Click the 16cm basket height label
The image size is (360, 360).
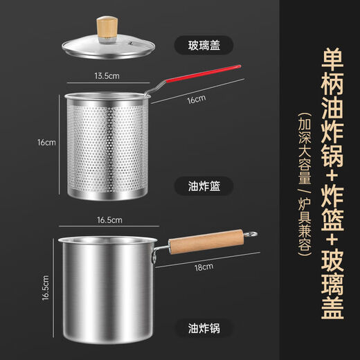(46, 143)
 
